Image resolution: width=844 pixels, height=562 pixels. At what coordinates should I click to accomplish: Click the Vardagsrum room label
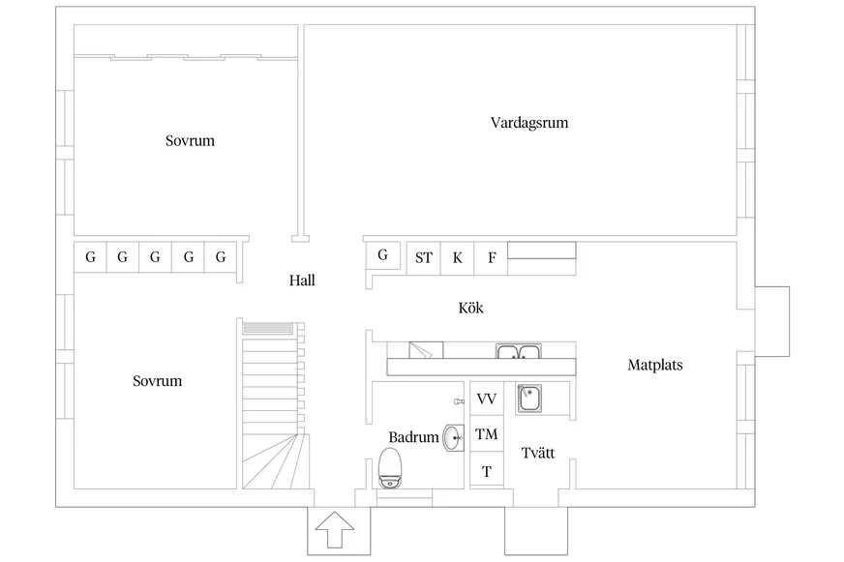[x=529, y=123]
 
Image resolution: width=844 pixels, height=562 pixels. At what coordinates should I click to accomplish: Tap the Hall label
[x=302, y=281]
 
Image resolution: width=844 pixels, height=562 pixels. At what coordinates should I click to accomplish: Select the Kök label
[x=471, y=308]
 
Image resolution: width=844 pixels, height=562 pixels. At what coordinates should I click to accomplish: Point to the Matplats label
[x=655, y=365]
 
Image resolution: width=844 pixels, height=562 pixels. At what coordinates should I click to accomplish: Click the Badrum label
[x=413, y=436]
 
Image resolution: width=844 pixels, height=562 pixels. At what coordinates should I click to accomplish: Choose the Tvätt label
[x=538, y=453]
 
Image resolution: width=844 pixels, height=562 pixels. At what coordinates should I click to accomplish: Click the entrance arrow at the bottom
[x=335, y=529]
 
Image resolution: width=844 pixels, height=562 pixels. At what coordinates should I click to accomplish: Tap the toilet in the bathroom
[x=390, y=468]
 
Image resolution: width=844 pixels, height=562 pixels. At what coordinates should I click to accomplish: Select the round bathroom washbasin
[x=454, y=438]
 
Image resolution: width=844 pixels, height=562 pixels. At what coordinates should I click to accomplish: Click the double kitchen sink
[x=519, y=352]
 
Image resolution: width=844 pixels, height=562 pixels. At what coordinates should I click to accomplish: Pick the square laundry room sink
[x=529, y=399]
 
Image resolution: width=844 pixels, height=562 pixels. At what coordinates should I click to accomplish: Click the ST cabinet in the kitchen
[x=424, y=258]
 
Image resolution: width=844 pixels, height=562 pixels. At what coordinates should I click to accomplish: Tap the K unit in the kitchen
[x=457, y=258]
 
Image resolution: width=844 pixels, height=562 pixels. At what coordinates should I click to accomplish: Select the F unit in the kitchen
[x=491, y=258]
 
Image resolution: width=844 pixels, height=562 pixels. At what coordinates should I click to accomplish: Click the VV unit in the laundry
[x=487, y=399]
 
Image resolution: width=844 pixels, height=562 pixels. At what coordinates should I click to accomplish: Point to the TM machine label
[x=487, y=434]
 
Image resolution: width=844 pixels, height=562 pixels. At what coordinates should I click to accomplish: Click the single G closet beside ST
[x=382, y=255]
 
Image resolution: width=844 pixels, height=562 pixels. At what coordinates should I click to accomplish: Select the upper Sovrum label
[x=190, y=141]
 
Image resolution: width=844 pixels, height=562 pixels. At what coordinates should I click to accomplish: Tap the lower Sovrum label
[x=157, y=381]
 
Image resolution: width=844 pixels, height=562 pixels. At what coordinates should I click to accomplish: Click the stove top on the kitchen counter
[x=426, y=350]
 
